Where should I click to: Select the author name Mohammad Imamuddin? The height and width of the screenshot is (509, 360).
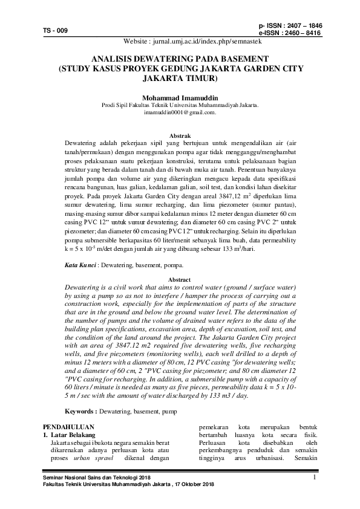[x=179, y=97]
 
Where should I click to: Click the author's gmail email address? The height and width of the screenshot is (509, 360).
[x=180, y=112]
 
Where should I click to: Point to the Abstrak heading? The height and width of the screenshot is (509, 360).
[x=180, y=136]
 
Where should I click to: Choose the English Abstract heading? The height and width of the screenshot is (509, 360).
[x=179, y=280]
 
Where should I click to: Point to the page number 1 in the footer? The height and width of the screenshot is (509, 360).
[x=316, y=478]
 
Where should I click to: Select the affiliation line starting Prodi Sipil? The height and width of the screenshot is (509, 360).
[x=179, y=105]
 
